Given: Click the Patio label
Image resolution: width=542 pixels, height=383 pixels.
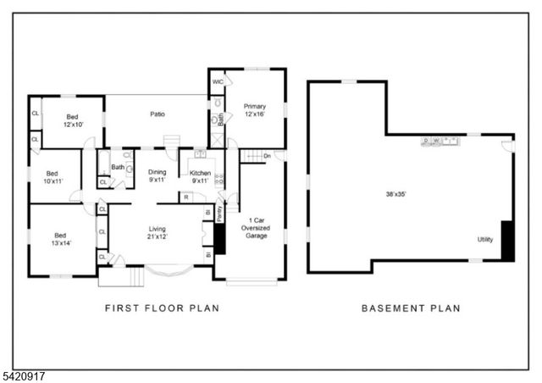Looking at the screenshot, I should point(158,114).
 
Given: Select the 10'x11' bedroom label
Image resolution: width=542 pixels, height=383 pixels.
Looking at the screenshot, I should point(54,175).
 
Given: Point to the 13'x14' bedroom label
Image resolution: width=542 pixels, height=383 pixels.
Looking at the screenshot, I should point(60,240).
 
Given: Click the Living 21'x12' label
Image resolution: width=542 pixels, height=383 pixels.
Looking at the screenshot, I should point(158,232).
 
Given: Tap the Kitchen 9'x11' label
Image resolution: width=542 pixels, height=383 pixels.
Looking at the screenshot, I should point(200,175).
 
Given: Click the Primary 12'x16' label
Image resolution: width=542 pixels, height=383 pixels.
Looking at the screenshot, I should point(255,110).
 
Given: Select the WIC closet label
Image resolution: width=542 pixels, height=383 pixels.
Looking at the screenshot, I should point(218,83).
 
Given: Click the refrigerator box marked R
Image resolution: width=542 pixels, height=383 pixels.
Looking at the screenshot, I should point(185,197).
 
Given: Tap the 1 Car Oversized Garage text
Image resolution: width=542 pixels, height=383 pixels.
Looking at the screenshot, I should point(257,227).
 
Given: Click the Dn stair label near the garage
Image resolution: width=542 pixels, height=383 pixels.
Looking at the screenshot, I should point(267,156).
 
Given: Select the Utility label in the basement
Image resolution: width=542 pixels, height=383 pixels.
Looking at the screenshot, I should point(485,240).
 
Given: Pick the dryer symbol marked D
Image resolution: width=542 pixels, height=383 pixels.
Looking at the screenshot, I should point(427,140).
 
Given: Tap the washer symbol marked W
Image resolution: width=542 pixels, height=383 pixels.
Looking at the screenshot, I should point(435,140).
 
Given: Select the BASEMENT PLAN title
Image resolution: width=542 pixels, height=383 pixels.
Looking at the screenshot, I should point(411,308).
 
